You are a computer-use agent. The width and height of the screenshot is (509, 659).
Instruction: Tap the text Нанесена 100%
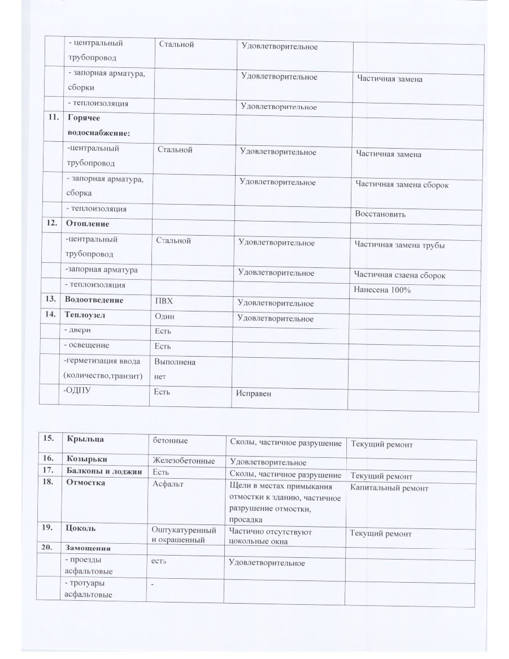(x=382, y=290)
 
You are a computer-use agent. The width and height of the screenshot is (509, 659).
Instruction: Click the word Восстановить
(x=380, y=215)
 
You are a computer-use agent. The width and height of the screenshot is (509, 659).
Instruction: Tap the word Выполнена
(x=175, y=362)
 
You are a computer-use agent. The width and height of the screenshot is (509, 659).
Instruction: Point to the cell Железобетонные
(x=184, y=461)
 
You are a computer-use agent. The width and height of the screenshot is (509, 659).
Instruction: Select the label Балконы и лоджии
(x=106, y=471)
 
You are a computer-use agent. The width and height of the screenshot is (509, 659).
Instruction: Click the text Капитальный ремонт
(x=389, y=488)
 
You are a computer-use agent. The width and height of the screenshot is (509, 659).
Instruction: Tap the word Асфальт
(x=168, y=484)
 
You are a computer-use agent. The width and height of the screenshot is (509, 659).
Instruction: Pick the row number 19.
(x=47, y=528)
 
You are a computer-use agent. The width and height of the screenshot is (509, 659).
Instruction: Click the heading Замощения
(x=88, y=548)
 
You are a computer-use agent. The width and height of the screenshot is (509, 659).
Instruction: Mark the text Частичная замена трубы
(x=399, y=245)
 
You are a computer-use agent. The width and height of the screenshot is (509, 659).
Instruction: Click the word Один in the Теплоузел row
(x=164, y=317)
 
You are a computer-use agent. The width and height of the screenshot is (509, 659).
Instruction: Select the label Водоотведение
(x=94, y=300)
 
